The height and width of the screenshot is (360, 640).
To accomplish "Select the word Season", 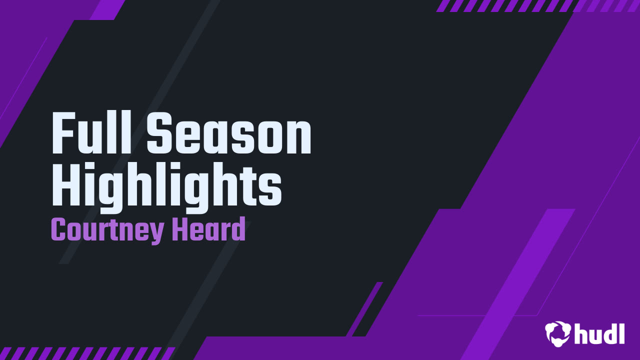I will click(229, 134).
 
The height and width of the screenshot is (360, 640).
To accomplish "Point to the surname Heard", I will click(208, 229).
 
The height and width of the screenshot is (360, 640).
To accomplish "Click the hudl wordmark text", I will click(599, 333).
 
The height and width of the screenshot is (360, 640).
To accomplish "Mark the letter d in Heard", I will click(239, 229).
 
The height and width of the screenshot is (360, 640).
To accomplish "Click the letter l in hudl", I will click(621, 332).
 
